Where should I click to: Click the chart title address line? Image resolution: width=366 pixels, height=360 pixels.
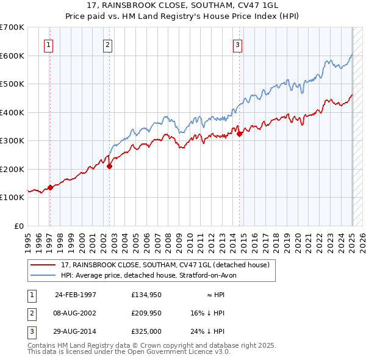[x=182, y=7]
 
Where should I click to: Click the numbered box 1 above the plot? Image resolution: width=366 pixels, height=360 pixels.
[x=48, y=44]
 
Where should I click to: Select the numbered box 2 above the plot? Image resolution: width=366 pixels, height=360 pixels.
[x=107, y=44]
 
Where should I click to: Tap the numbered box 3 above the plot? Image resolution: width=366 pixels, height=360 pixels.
[x=237, y=44]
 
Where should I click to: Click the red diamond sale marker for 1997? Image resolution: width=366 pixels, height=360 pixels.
[x=51, y=187]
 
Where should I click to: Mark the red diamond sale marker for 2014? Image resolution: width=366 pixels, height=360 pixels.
[x=240, y=134]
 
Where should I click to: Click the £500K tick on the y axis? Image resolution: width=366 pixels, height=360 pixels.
[x=13, y=84]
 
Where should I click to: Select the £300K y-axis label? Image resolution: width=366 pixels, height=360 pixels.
[x=13, y=141]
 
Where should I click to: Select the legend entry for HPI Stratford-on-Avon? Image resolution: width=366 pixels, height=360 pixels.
[x=152, y=275]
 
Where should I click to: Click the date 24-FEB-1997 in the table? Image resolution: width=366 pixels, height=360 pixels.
[x=76, y=295]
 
